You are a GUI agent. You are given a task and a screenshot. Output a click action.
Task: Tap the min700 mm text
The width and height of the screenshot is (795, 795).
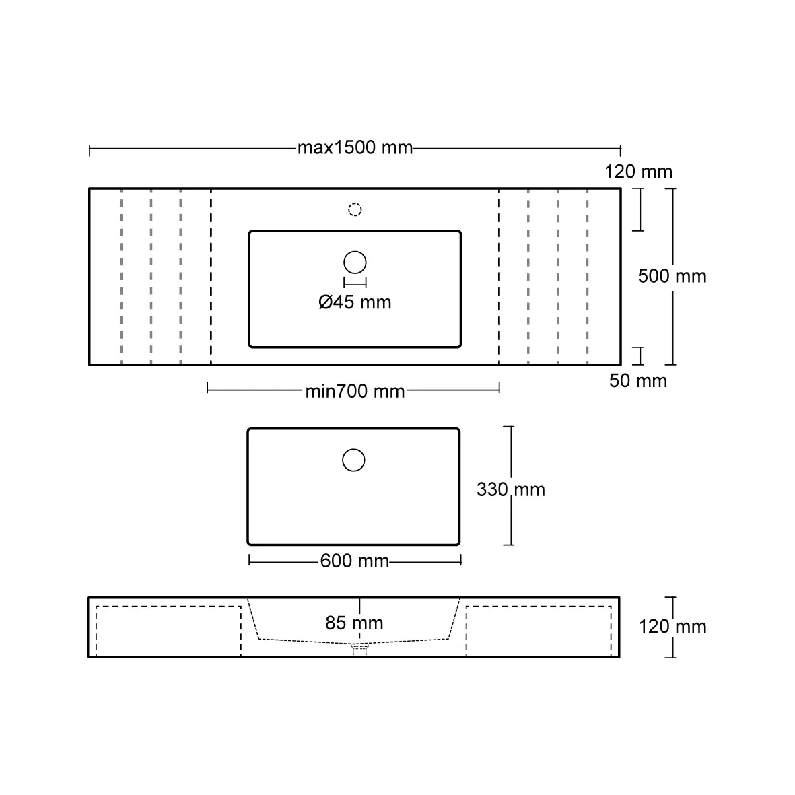[x=355, y=391]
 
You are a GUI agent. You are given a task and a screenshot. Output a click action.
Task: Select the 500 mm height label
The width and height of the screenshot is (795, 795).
[x=672, y=276]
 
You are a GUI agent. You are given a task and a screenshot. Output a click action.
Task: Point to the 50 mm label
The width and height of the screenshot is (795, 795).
[x=637, y=381]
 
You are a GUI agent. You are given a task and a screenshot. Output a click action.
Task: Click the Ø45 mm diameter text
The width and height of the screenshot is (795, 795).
[x=355, y=302]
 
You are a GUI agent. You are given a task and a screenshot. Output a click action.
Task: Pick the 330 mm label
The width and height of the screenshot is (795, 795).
[x=510, y=489]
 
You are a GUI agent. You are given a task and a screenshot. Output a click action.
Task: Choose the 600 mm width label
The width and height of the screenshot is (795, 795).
[x=355, y=561]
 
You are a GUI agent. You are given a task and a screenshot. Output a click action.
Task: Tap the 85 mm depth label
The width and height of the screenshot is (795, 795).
[x=354, y=623]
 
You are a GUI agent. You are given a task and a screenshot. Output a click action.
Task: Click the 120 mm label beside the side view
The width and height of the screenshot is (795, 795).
[x=672, y=627]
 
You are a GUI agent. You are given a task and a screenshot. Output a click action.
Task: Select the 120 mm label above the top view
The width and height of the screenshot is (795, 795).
[x=638, y=172]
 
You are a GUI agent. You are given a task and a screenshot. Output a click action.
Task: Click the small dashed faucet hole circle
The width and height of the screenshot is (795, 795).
[x=355, y=209]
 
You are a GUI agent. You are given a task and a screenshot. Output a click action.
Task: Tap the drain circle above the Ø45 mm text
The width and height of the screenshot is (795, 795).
[x=355, y=262]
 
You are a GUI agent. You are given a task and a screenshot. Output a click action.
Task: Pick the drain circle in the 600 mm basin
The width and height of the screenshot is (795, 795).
[x=353, y=460]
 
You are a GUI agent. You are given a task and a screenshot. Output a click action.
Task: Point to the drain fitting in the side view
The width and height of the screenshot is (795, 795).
[x=361, y=648]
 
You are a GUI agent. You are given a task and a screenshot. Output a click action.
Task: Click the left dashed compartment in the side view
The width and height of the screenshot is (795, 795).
[x=168, y=631]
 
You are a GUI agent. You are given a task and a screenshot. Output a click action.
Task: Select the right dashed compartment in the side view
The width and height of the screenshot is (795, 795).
[x=539, y=631]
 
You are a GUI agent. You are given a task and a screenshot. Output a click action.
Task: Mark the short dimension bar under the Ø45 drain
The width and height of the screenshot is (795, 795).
[x=355, y=282]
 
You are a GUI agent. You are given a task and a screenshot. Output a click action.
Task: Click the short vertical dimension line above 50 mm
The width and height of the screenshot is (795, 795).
[x=638, y=355]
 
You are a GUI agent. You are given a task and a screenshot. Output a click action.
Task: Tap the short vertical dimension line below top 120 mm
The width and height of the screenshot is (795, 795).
[x=638, y=209]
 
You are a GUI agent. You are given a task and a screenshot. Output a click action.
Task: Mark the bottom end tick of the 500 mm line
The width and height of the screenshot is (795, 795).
[x=674, y=365]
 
